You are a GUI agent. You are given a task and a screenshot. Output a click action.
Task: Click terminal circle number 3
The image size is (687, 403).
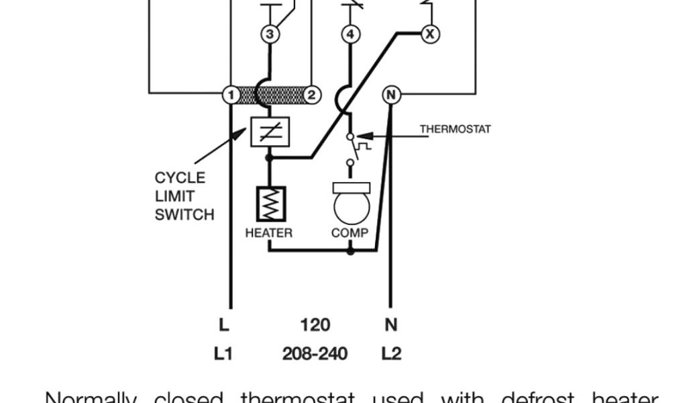pos(270,34)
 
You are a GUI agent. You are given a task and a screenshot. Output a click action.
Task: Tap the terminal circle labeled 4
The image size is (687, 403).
pos(350,34)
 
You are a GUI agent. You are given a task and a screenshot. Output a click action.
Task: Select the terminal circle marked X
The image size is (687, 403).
pos(430,33)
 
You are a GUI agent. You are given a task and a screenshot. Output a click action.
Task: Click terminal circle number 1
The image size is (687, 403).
pos(230,95)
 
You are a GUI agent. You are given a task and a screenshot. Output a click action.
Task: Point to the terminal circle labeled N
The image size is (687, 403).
pos(390,95)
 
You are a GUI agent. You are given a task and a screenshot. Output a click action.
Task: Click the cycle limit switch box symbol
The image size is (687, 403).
pos(269,132)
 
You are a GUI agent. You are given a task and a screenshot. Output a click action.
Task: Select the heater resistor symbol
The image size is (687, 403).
pos(270,204)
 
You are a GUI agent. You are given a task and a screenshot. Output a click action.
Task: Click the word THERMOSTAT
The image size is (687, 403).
pos(455,128)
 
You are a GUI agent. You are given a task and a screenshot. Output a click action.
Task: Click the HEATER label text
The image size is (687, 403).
pos(268,233)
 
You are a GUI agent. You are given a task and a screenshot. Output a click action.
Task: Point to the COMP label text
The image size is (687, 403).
pos(350,233)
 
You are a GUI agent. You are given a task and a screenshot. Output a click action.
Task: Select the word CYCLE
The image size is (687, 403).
pos(180,178)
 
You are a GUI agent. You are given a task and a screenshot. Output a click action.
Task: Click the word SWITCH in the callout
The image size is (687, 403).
pos(184,215)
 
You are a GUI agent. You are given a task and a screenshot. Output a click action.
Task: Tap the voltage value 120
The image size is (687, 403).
pos(315,325)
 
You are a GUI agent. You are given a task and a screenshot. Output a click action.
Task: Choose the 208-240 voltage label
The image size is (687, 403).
pos(315,353)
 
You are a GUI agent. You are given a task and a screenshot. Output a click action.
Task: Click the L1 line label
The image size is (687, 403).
pos(223,353)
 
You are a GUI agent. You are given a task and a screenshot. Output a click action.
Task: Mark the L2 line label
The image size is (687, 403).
pos(391,353)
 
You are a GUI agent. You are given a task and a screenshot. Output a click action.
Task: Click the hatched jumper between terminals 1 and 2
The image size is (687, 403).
pos(270,95)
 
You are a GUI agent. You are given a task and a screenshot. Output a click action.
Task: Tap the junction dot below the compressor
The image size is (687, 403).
pos(350,251)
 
